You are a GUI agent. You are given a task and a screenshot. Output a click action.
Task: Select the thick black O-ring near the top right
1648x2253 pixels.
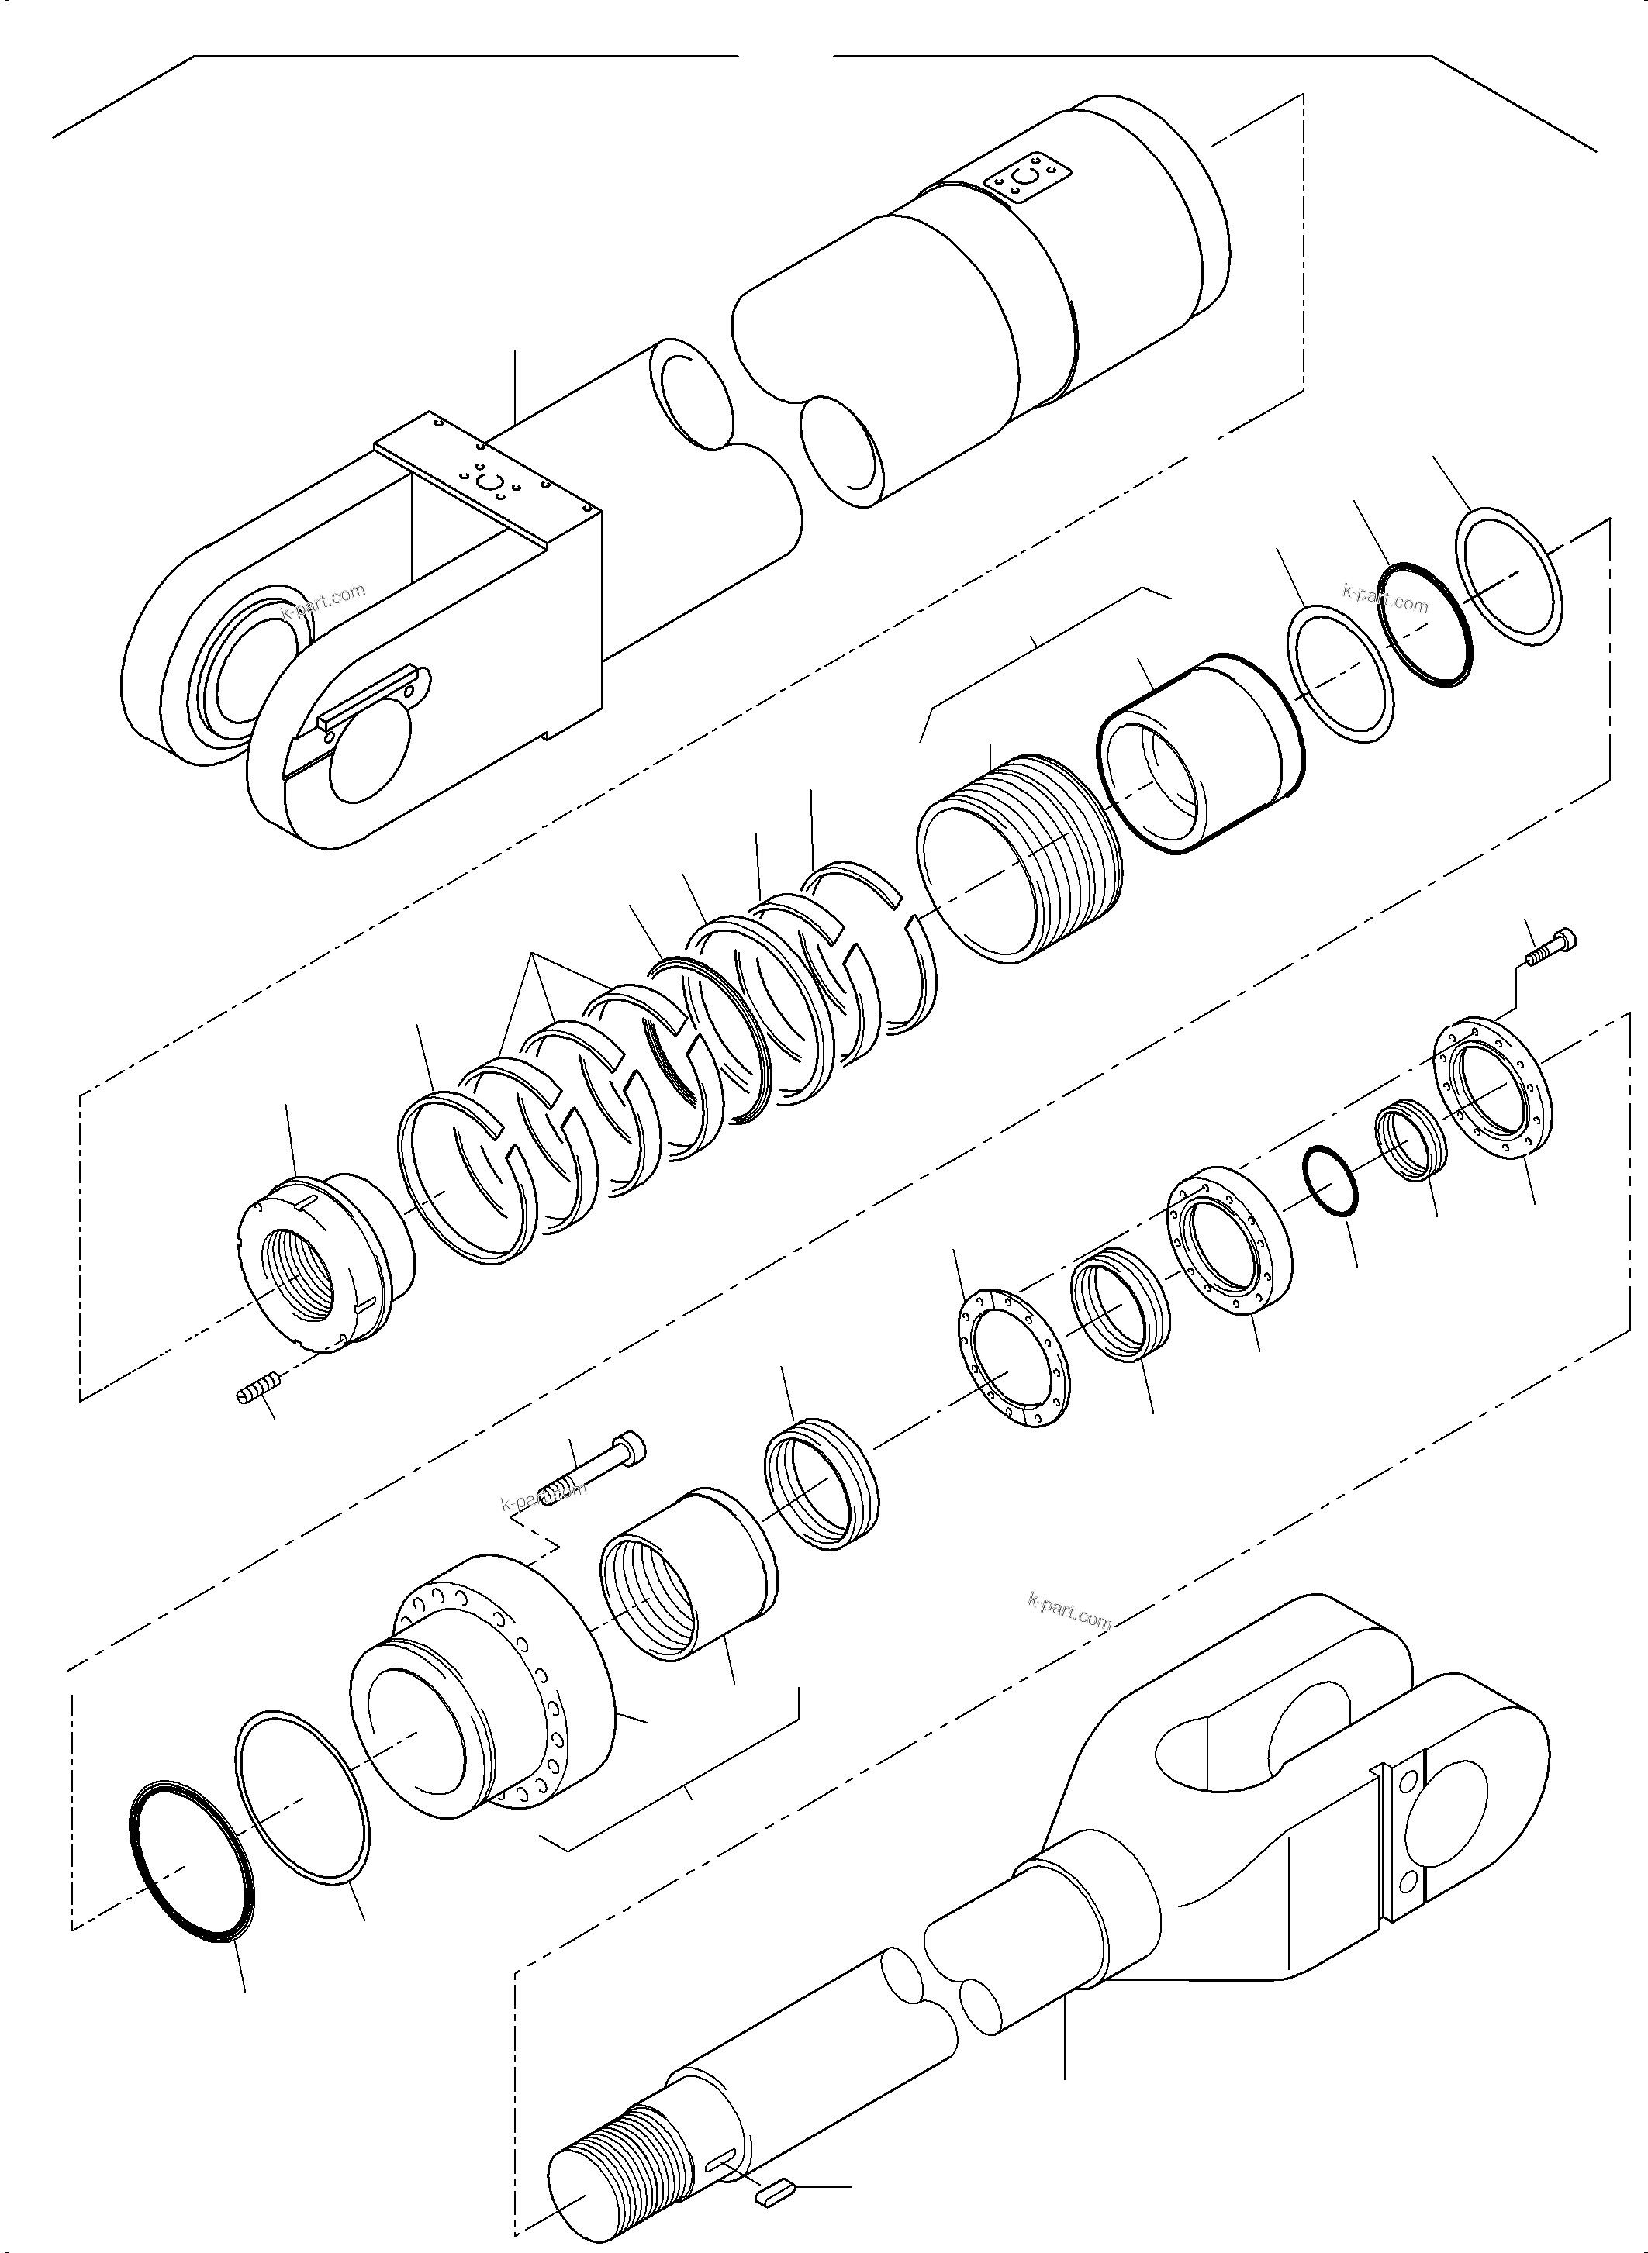tap(1426, 624)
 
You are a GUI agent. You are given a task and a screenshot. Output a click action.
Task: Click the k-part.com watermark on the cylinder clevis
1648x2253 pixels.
tap(323, 602)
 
